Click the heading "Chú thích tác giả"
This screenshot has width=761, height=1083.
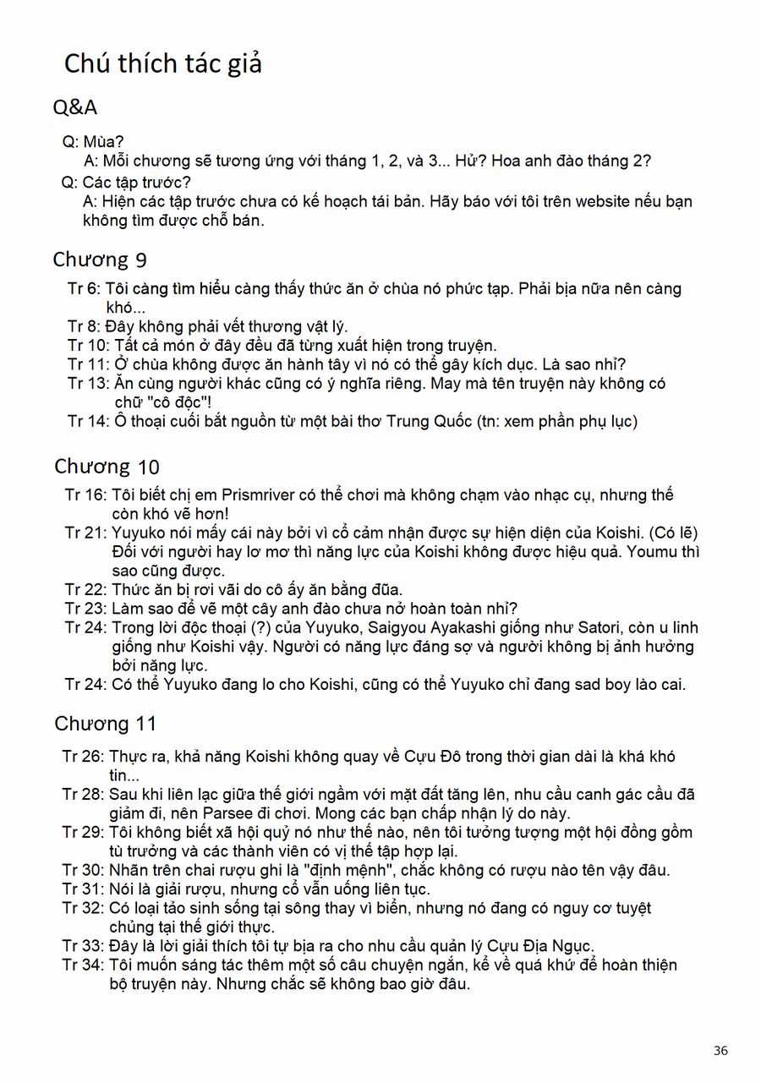(163, 63)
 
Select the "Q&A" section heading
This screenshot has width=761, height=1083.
(75, 107)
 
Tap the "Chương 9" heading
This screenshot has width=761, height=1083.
(100, 259)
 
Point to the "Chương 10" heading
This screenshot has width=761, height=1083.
(107, 466)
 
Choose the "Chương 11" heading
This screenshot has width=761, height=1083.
(106, 724)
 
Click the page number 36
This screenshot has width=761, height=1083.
(720, 1051)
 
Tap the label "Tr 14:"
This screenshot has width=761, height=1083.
(88, 422)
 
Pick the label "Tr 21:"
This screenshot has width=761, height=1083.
(85, 533)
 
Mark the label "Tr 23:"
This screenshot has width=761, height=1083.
(85, 609)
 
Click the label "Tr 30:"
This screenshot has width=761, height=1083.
(83, 870)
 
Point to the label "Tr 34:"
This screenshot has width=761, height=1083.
(83, 965)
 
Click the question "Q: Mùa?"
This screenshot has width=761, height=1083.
(94, 141)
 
